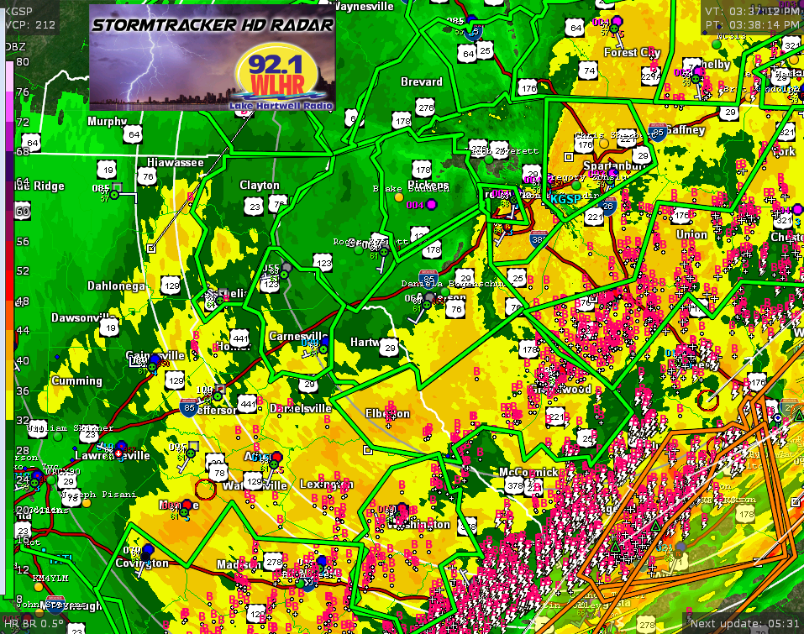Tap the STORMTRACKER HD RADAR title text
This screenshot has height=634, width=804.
(213, 25)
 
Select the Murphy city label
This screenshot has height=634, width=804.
(107, 121)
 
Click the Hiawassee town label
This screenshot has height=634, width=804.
(176, 162)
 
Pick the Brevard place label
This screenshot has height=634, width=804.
(422, 81)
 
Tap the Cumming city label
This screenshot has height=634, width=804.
(76, 380)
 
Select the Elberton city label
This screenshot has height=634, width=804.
(388, 413)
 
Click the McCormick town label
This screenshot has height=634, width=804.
(528, 472)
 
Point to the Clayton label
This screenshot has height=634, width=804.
(260, 185)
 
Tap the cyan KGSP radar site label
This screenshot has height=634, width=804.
(565, 199)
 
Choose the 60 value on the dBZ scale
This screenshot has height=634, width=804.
(22, 212)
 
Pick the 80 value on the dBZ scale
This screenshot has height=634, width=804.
(22, 62)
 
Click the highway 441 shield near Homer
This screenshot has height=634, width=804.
(240, 338)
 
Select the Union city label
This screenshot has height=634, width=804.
(691, 234)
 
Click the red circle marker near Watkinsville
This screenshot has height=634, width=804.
(205, 489)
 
